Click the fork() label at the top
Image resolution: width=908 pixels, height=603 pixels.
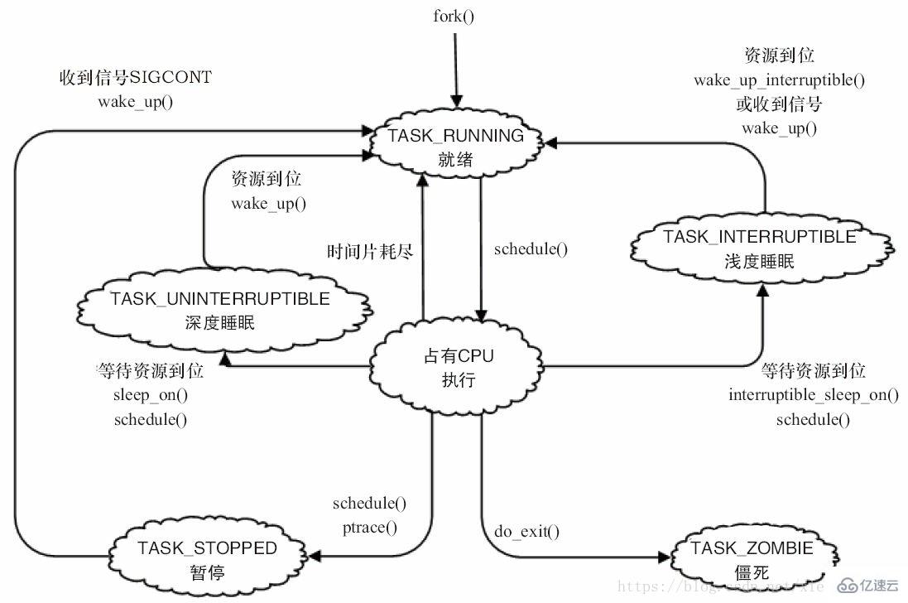coord(454,16)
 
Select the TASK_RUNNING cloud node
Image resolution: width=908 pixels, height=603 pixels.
coord(455,146)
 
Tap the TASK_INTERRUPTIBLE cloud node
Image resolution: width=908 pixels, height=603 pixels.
coord(759,248)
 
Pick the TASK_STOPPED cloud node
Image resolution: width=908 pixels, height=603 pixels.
coord(207,558)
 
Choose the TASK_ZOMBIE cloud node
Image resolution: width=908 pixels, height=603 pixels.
coord(752,558)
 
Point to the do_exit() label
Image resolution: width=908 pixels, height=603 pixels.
coord(526,531)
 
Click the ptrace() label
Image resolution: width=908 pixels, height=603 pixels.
coord(369,526)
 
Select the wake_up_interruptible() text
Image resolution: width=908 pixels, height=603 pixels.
coord(779,80)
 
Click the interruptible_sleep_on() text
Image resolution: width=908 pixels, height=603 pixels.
coord(814,394)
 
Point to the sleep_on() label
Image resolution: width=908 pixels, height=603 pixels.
coord(151,394)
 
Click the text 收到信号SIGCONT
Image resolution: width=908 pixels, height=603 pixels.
coord(136,78)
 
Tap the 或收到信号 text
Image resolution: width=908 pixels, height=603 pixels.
coord(779,104)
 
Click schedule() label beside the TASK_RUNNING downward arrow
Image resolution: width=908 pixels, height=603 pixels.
coord(531,248)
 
